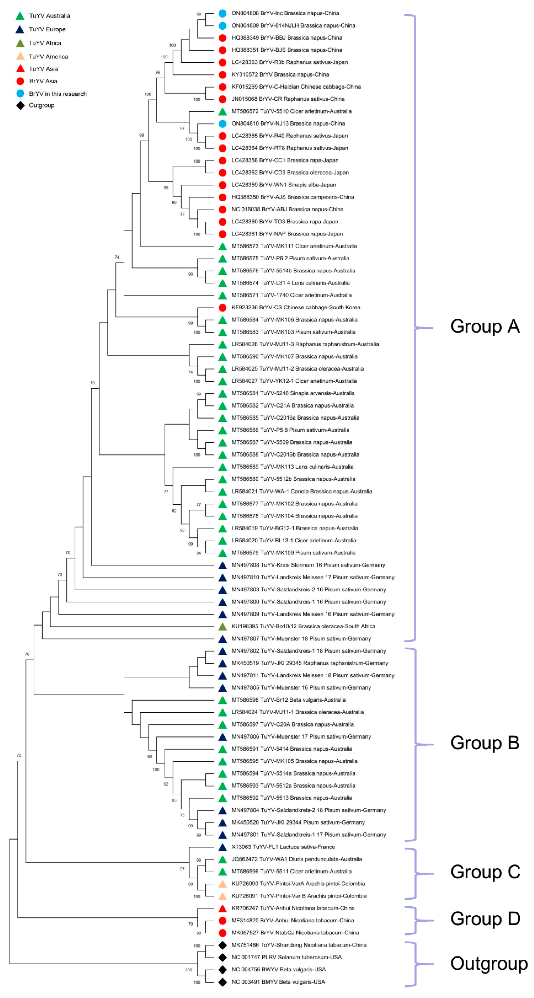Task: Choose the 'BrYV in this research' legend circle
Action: coord(20,94)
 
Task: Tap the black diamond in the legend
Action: coord(20,105)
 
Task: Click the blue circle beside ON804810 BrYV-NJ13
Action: coord(222,124)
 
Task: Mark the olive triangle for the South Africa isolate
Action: coord(222,626)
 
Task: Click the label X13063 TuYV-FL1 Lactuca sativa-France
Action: coord(283,847)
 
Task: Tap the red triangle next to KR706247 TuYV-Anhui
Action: coord(222,908)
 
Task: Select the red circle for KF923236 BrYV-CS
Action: coord(222,308)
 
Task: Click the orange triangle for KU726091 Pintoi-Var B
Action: coord(222,896)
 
